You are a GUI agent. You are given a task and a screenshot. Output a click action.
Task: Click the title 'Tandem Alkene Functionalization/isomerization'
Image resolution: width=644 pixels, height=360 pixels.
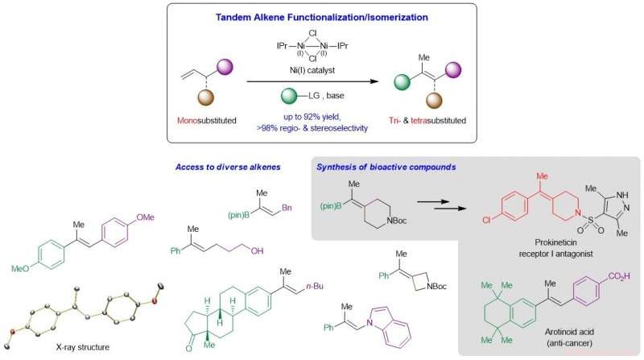coord(321,17)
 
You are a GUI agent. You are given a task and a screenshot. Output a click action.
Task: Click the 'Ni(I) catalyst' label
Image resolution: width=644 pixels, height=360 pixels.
coord(312,70)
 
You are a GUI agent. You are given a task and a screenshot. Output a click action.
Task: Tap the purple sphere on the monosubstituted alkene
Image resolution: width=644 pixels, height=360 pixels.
coord(225,67)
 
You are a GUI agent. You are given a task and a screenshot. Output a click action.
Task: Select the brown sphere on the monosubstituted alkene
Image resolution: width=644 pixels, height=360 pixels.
coord(206,98)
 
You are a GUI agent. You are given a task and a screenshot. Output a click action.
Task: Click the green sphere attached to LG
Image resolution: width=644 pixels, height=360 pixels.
coord(290,96)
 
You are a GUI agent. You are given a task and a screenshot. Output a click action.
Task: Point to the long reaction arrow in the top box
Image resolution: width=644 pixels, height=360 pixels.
coord(312,81)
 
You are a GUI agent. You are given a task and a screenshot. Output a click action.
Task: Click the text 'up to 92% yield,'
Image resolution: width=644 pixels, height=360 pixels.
coord(312,117)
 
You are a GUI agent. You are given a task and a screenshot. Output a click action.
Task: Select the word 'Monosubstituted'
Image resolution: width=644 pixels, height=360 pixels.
coord(207,121)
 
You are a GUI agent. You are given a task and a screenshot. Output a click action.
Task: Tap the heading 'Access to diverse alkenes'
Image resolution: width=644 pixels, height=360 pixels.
coord(228,167)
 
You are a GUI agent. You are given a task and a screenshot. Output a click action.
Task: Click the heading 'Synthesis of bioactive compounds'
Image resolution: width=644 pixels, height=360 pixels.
coord(386,167)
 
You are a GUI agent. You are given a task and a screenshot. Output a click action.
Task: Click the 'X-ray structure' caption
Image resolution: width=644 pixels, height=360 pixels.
coord(83,347)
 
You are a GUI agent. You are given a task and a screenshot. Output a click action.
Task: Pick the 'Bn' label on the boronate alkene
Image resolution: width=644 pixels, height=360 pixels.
coord(287,208)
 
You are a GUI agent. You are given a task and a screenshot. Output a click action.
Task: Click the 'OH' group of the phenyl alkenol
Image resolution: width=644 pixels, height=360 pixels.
coord(257,250)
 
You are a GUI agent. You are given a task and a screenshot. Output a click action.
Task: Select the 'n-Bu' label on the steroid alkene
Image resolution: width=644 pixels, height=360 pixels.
coord(315,286)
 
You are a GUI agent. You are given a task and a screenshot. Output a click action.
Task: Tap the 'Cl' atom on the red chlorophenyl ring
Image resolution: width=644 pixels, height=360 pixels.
coord(487,221)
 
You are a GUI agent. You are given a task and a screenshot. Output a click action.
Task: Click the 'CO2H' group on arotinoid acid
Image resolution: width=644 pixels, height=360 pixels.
coord(619,276)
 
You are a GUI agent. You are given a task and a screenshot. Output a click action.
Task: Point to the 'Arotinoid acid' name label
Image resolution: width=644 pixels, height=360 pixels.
coord(569,332)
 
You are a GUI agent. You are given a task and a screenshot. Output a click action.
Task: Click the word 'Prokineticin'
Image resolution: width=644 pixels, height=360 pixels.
coord(555,242)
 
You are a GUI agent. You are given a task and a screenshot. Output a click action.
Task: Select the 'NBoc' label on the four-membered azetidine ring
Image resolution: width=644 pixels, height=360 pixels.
coord(436,287)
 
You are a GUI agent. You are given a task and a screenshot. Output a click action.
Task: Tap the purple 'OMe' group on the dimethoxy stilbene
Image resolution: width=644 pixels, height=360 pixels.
coord(145,217)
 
